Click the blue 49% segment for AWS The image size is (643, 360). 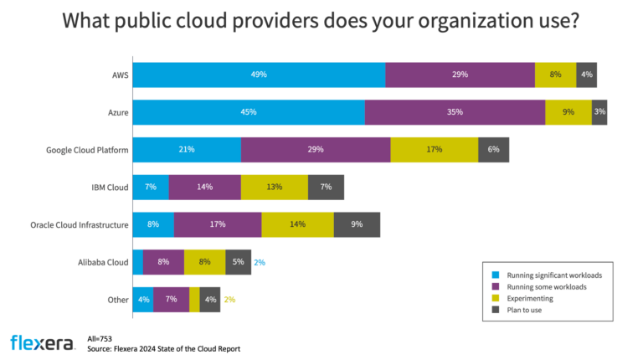259,75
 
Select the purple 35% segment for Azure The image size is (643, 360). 455,112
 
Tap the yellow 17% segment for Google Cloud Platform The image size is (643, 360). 434,150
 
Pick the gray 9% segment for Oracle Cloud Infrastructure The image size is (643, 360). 357,224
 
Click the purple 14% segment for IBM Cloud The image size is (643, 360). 204,187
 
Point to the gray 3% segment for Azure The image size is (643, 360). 599,112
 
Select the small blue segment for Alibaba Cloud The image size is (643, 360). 138,262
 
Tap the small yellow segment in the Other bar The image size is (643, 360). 194,300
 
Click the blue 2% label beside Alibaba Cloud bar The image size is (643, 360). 260,262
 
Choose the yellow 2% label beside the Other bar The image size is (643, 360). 229,300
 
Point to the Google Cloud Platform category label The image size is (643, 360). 87,150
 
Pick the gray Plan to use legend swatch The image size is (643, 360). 496,311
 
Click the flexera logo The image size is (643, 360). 40,342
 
